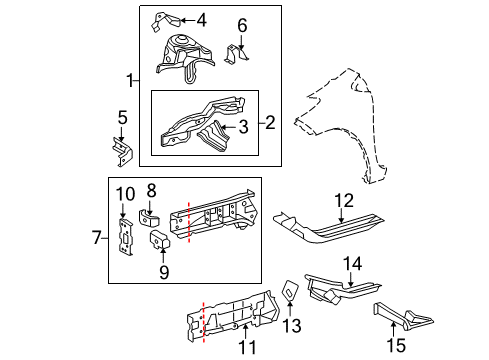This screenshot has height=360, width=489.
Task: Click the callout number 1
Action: [x=128, y=80]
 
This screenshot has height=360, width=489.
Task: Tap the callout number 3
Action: [x=243, y=127]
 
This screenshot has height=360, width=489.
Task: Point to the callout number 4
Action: [x=201, y=19]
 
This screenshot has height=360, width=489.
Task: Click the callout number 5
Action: [x=122, y=118]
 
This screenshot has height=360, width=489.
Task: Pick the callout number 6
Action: [x=241, y=25]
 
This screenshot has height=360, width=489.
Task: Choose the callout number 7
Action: [x=96, y=237]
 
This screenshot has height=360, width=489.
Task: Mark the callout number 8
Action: [x=152, y=189]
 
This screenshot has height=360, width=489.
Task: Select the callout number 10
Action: [x=124, y=193]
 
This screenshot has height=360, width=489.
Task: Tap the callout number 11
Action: [x=247, y=346]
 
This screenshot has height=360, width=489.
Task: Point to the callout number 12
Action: [x=344, y=200]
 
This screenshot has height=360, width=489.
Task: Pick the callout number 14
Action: [x=351, y=263]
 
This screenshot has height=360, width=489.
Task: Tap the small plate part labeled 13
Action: [x=287, y=291]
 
